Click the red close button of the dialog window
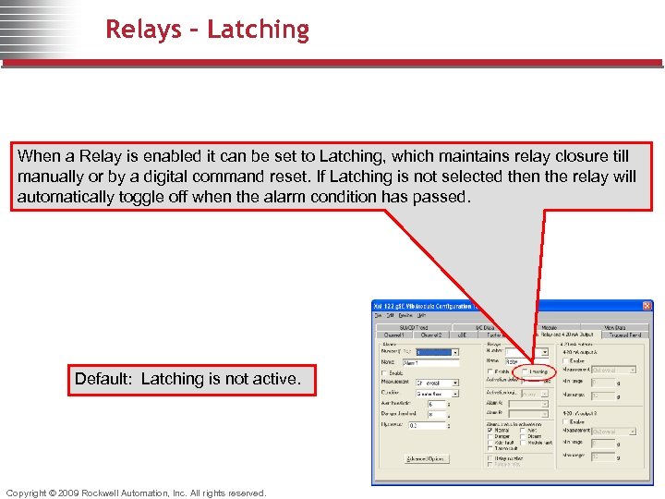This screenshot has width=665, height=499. [647, 307]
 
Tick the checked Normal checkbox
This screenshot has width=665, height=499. [490, 429]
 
